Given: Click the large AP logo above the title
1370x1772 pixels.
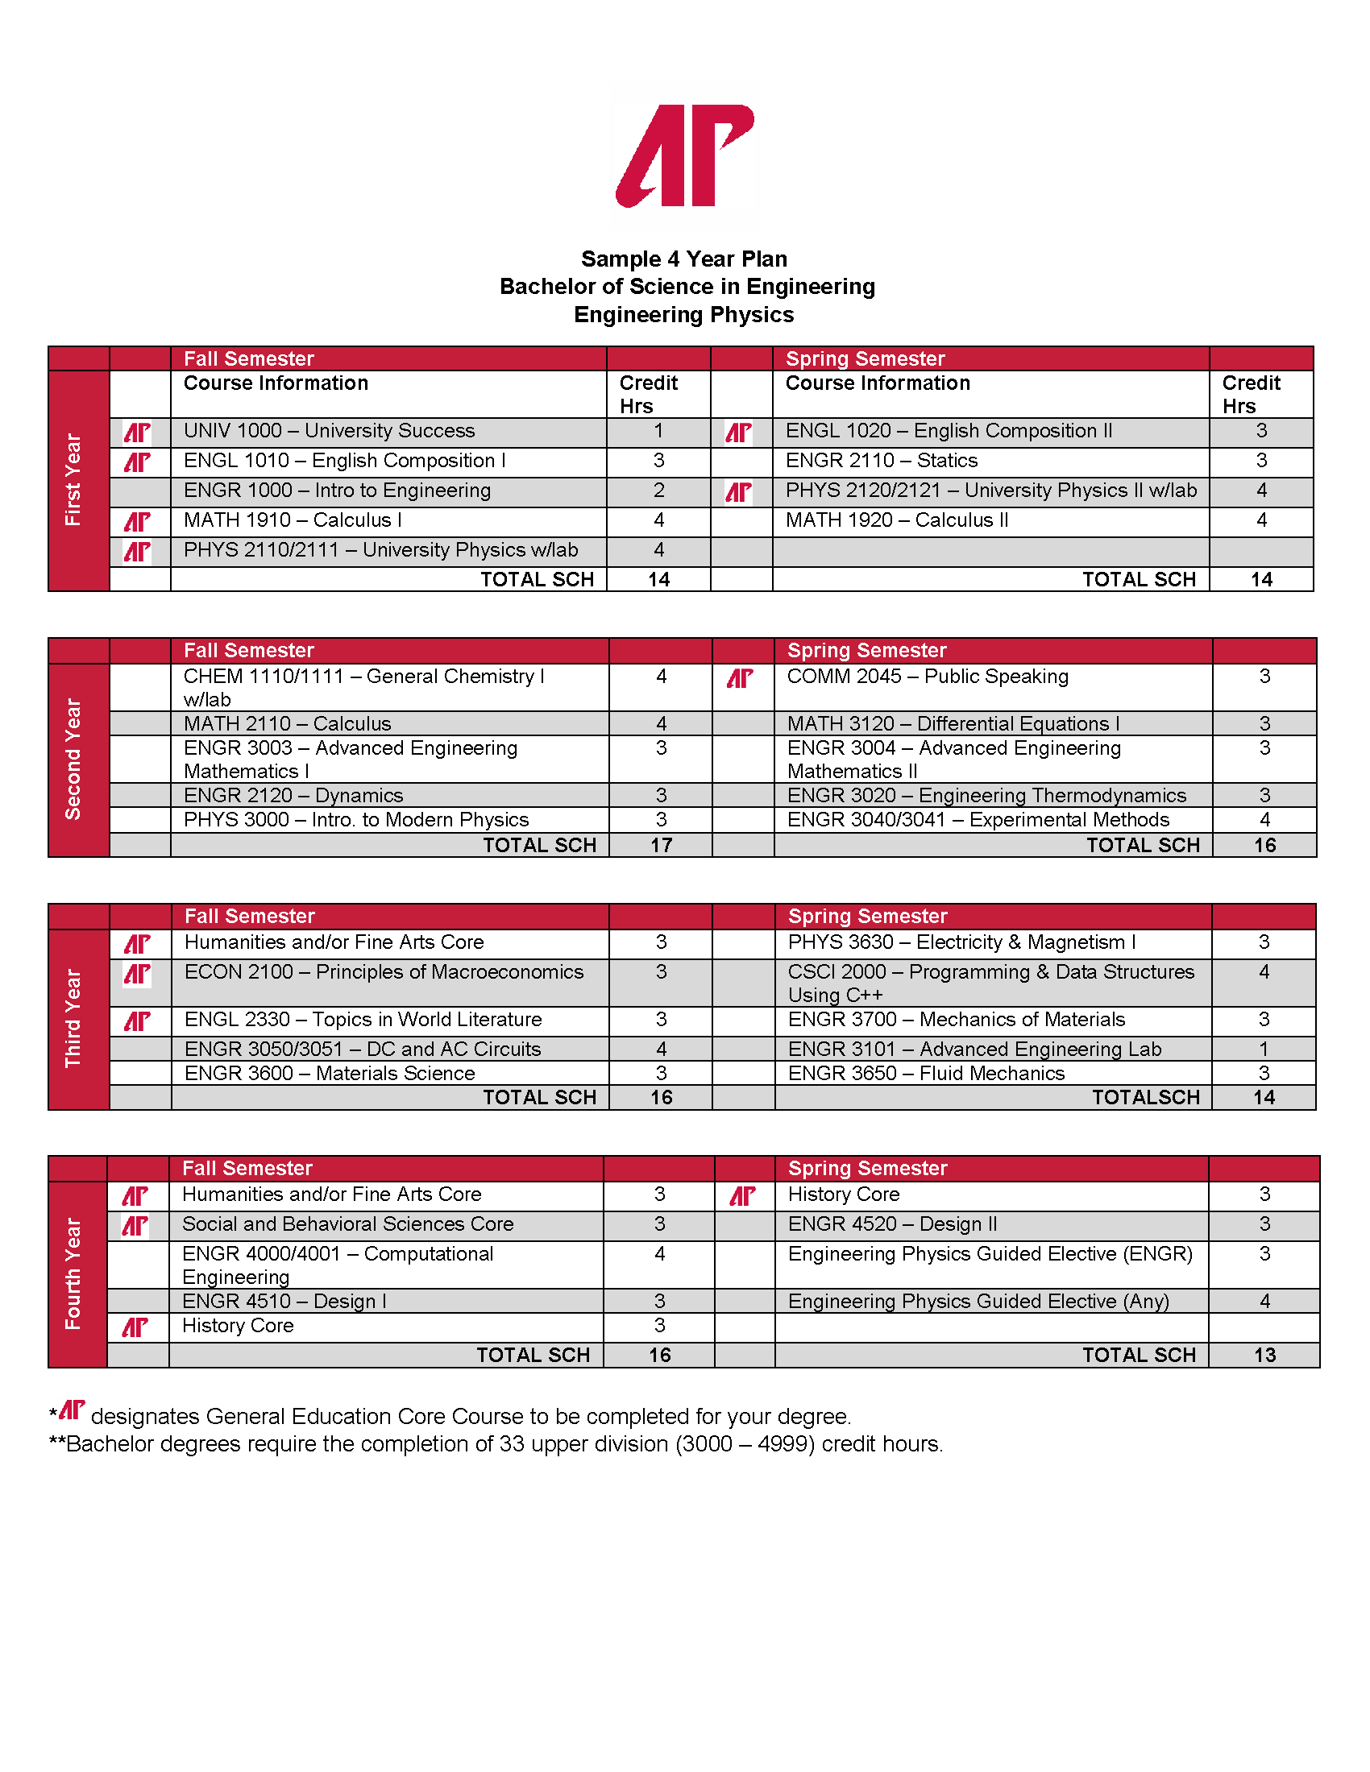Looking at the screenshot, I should point(684,155).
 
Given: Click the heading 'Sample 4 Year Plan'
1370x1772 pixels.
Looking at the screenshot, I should point(684,259).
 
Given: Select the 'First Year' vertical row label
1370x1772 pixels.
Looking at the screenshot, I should point(74,479).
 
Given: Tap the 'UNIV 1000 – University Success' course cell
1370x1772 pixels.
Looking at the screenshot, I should point(329,431).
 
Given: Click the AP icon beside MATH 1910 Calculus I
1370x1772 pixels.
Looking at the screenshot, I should point(137,522).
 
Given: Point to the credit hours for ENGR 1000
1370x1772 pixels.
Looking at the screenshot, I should point(658,491).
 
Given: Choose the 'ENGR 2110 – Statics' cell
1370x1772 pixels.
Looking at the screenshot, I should point(882,461).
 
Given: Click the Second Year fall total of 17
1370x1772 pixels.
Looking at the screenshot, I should point(661,846).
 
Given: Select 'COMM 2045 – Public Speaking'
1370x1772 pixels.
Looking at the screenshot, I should point(927,677).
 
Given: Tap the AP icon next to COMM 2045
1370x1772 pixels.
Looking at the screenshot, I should point(739,678).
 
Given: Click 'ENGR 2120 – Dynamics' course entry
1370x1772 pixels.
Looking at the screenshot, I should point(293,795).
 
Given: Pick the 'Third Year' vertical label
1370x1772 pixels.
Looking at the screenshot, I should point(74,1018).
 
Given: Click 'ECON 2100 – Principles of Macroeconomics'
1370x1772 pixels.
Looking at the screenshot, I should point(384,972).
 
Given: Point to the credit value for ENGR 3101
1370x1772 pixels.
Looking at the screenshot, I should point(1264,1049).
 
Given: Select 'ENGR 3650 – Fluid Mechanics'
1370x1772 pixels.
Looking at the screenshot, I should point(925,1074).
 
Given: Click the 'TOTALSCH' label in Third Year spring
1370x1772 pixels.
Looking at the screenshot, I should point(1145,1098).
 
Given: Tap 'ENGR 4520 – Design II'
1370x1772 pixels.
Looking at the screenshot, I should point(892,1224).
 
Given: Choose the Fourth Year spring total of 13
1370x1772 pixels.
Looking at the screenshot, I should point(1264,1356).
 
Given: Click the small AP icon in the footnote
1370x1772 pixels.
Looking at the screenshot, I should point(73,1411).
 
